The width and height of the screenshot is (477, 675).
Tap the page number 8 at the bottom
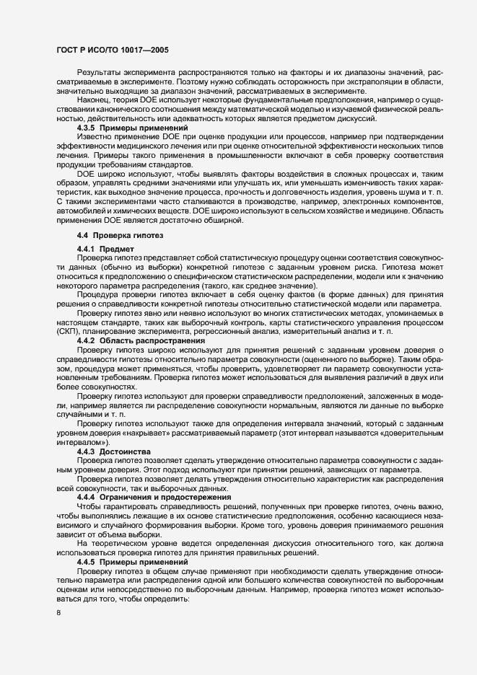(58, 613)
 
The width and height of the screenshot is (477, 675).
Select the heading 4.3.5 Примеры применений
(117, 128)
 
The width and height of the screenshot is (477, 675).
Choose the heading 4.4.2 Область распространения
(131, 340)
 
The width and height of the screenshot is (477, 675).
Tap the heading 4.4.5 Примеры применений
(117, 561)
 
